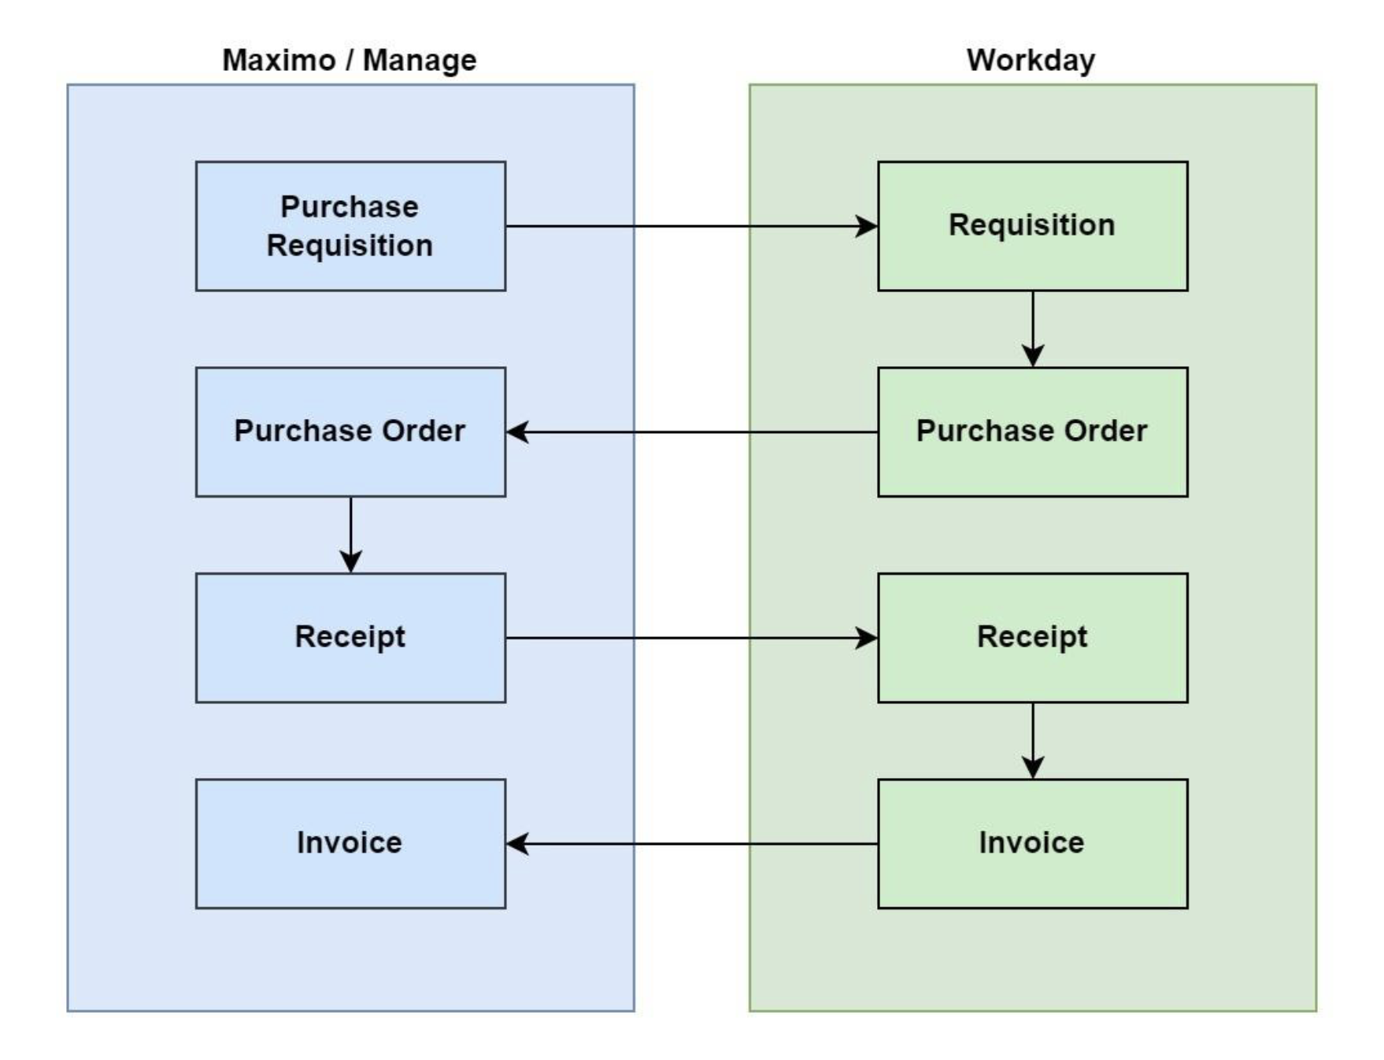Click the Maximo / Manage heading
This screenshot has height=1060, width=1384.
click(x=349, y=60)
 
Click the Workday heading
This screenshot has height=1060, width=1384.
click(x=1031, y=60)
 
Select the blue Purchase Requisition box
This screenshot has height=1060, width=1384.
click(x=350, y=226)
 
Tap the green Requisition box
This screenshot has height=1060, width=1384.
click(x=1032, y=226)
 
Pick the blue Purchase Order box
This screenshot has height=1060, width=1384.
click(x=350, y=432)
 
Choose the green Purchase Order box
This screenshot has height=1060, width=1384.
click(x=1032, y=432)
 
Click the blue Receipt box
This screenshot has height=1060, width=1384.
click(x=350, y=637)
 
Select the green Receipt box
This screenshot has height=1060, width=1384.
click(x=1032, y=637)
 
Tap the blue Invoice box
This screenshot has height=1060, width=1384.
click(x=350, y=843)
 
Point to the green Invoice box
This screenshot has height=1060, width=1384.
click(x=1032, y=843)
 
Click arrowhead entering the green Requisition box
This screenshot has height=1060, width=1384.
click(x=867, y=226)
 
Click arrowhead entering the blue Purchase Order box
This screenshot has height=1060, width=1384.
click(x=517, y=432)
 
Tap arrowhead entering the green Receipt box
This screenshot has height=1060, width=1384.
click(x=867, y=637)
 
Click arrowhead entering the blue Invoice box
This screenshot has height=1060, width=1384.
click(x=517, y=843)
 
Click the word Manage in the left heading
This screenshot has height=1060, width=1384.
click(x=419, y=60)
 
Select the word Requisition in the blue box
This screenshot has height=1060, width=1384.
click(x=350, y=246)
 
